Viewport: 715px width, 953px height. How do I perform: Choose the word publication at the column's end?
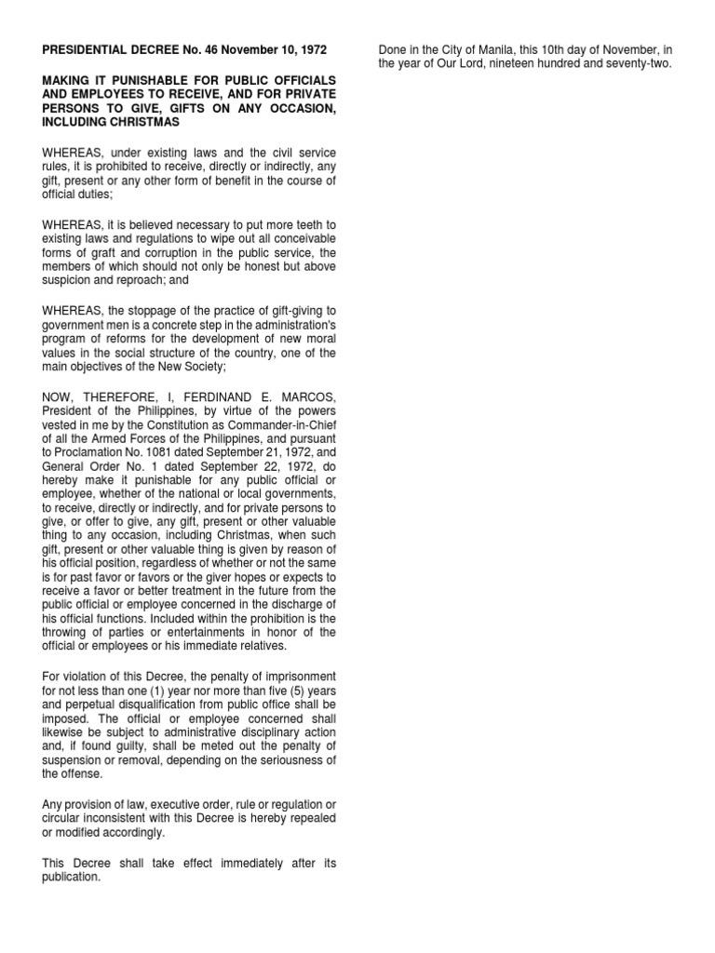(71, 876)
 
